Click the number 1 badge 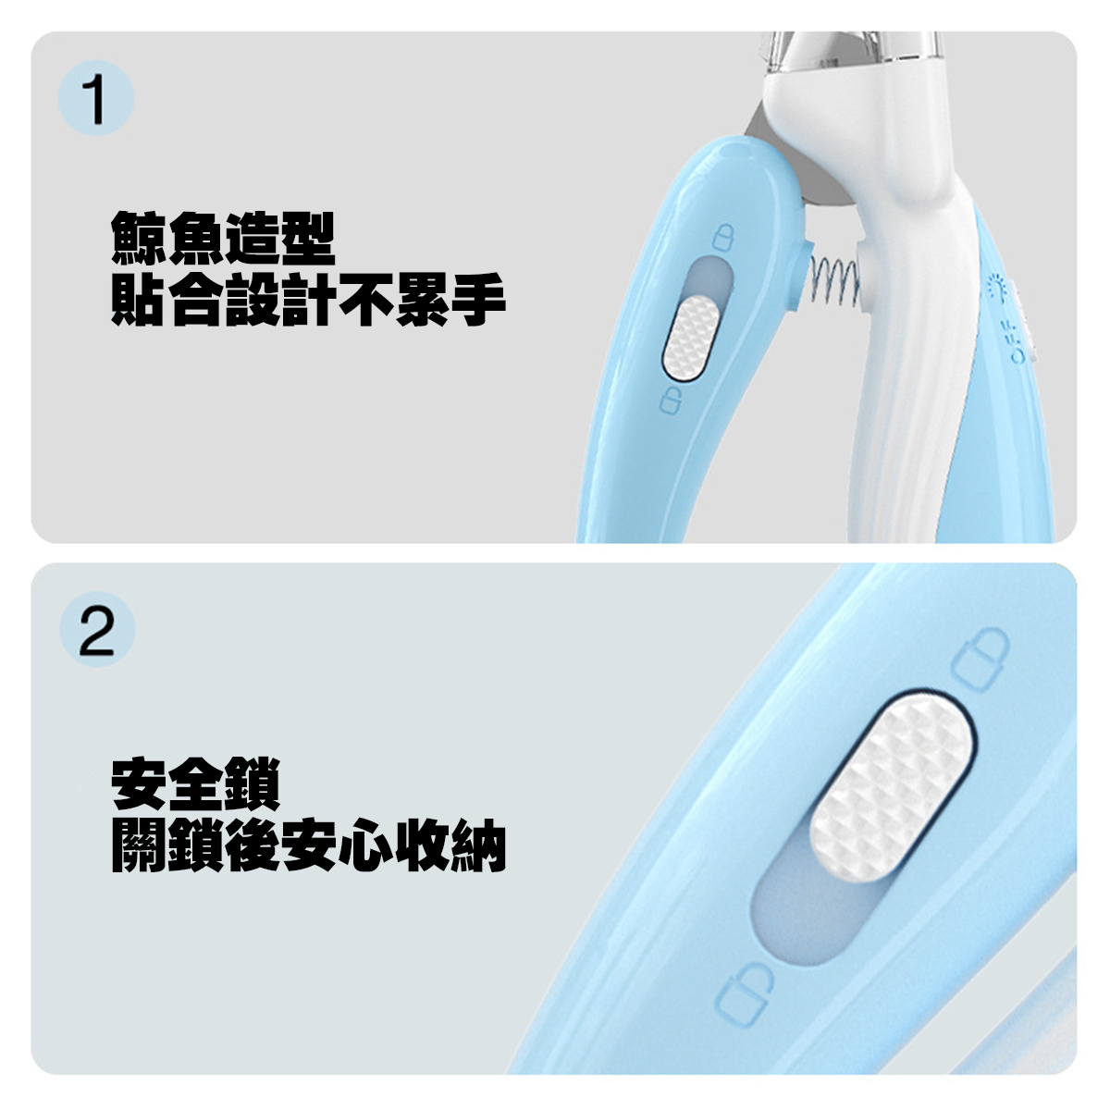(x=95, y=100)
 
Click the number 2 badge (x=96, y=630)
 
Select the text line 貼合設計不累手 (x=308, y=301)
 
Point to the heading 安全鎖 (x=195, y=784)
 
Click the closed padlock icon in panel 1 (x=723, y=238)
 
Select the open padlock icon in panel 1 (x=671, y=401)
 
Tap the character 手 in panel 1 (x=478, y=301)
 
